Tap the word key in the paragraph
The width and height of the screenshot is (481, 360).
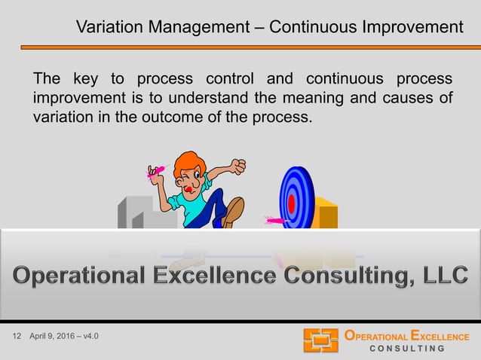tap(87, 79)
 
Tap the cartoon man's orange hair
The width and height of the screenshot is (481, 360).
tap(188, 163)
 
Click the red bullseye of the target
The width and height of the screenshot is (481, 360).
tap(291, 203)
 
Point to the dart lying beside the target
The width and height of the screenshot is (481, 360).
tap(273, 221)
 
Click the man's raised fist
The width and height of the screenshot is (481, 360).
tap(238, 166)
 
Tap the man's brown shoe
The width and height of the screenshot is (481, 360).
tap(234, 211)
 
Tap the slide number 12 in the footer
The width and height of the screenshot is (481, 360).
tap(18, 336)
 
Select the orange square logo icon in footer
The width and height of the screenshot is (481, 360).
tap(320, 340)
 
